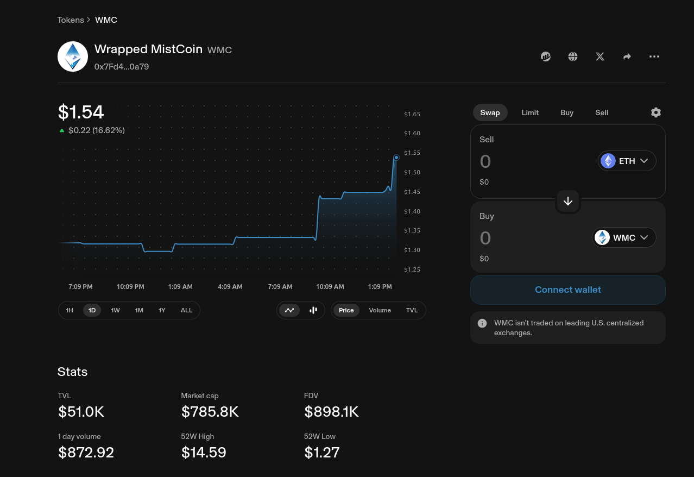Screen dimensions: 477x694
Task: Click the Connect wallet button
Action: [567, 290]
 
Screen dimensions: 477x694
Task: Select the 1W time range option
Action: [115, 310]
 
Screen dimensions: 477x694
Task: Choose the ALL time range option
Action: [186, 310]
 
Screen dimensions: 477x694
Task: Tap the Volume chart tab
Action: [380, 310]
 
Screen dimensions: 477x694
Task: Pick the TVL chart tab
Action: [412, 310]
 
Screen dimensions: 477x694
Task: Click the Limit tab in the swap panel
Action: [529, 112]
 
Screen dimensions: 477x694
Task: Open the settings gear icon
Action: [655, 112]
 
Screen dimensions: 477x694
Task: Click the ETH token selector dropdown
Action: [627, 161]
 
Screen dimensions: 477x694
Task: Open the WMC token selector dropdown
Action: [623, 237]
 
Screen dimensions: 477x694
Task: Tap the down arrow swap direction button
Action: [567, 201]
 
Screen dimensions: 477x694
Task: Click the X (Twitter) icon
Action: [600, 57]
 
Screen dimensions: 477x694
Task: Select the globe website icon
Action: [572, 57]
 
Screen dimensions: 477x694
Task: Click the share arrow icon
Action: [627, 57]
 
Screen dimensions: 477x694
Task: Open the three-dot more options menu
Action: [654, 57]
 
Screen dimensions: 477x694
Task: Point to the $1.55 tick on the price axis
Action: [412, 153]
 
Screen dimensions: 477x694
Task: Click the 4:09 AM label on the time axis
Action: [230, 287]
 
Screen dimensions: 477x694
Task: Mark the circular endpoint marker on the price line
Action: [396, 158]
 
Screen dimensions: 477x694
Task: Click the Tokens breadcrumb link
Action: [71, 20]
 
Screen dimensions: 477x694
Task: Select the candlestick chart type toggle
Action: [313, 310]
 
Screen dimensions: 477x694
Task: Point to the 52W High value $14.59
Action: [204, 452]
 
